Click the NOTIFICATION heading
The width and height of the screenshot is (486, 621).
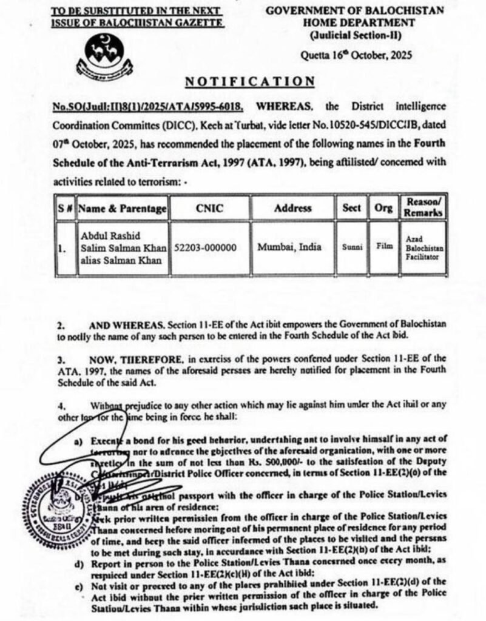pyautogui.click(x=250, y=81)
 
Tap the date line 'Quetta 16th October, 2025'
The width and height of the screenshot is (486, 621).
pyautogui.click(x=356, y=56)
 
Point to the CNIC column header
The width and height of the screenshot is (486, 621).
pyautogui.click(x=209, y=208)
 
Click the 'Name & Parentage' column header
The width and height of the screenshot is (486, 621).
pyautogui.click(x=122, y=209)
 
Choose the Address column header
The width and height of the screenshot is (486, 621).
pyautogui.click(x=292, y=208)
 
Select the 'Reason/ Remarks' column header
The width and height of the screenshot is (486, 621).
pyautogui.click(x=423, y=208)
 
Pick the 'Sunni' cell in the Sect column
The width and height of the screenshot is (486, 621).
pyautogui.click(x=353, y=247)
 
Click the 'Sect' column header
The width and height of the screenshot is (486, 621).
pyautogui.click(x=352, y=208)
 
